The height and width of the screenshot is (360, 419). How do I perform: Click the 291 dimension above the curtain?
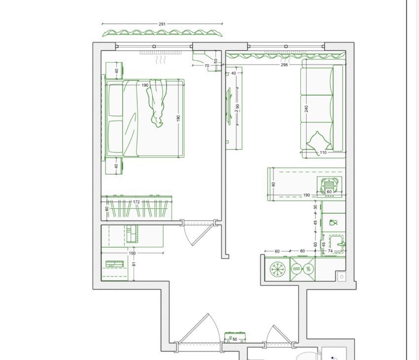point(162,24)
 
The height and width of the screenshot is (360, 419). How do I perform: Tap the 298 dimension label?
point(284,65)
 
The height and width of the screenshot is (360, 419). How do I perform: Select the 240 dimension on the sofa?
point(306,109)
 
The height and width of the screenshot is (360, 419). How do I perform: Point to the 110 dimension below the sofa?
point(323,152)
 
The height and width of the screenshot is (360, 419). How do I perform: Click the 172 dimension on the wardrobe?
point(136,202)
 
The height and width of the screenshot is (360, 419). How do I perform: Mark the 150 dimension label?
point(132,253)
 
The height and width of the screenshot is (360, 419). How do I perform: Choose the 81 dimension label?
point(134,264)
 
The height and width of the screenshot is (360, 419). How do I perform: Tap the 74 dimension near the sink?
point(330,251)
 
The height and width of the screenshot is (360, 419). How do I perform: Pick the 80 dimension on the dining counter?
point(273,184)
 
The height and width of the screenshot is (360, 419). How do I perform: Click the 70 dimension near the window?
point(207,66)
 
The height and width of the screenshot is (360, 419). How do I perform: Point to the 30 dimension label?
point(315,207)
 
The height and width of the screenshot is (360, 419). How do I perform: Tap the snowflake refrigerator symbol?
point(278,269)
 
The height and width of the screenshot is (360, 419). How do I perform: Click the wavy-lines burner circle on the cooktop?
point(296,269)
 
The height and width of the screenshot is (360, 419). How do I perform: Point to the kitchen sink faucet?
point(342,244)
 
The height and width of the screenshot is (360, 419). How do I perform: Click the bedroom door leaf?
point(202,235)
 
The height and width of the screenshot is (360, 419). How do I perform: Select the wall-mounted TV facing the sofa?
point(229,106)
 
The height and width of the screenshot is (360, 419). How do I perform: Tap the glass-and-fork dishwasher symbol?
point(333,222)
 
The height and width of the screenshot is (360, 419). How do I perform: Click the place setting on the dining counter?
point(329,185)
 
